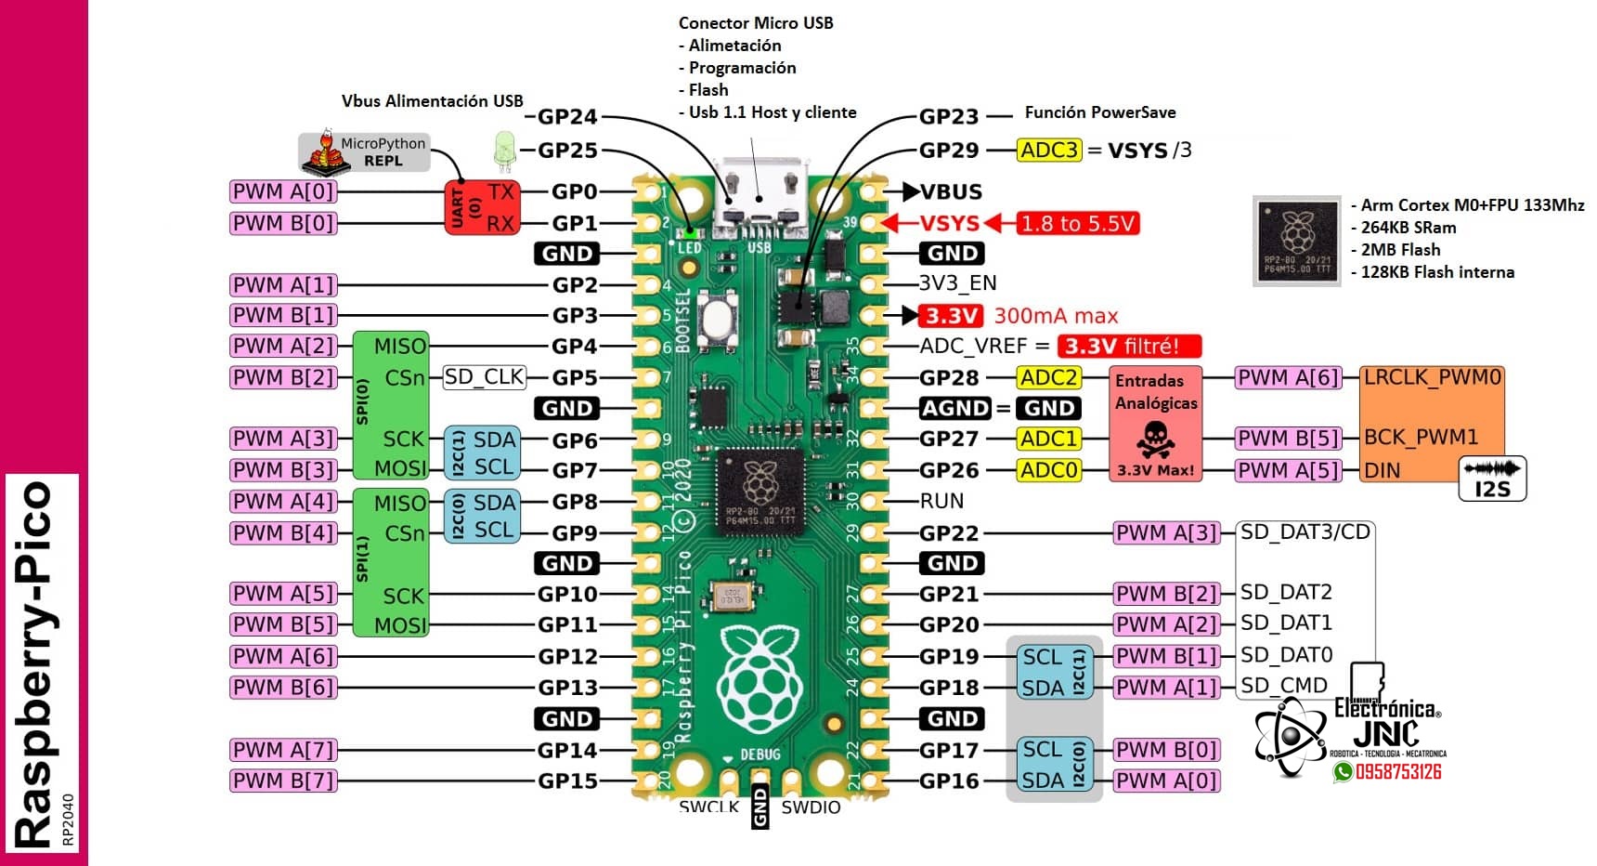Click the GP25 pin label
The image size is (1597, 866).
point(567,150)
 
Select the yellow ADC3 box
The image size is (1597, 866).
point(1049,150)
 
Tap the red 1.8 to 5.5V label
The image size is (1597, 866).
point(1077,223)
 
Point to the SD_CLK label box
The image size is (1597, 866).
point(485,377)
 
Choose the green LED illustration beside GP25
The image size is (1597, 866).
point(504,151)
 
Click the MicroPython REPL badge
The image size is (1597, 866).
point(365,151)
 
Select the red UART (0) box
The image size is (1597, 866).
point(482,207)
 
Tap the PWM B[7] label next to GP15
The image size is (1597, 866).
point(283,781)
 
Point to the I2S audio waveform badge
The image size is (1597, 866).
point(1492,479)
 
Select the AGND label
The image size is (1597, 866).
point(954,408)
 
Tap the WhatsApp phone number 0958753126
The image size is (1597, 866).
point(1397,772)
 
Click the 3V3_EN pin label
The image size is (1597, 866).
point(957,283)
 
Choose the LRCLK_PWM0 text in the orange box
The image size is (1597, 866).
point(1431,377)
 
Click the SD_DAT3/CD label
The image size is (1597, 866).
point(1305,532)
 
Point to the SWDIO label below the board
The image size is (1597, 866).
point(811,807)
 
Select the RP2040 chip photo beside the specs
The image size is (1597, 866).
point(1296,240)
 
